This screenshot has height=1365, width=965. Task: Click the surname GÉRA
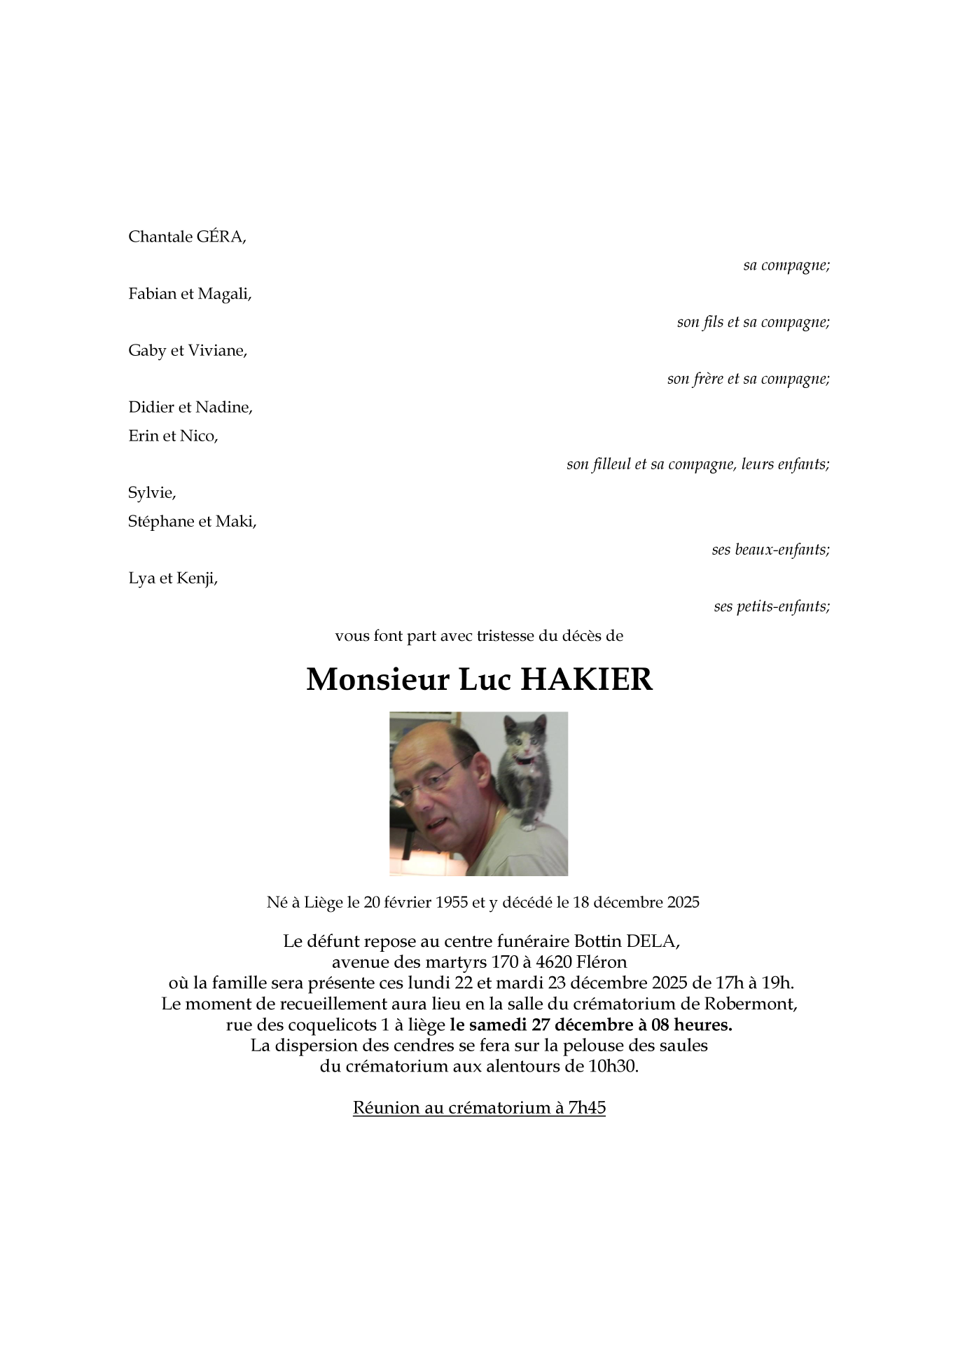click(220, 237)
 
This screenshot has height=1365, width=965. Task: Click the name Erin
click(144, 436)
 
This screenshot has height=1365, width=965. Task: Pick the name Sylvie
click(151, 493)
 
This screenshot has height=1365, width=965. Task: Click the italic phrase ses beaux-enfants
click(770, 550)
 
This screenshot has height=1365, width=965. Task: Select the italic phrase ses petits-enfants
click(772, 607)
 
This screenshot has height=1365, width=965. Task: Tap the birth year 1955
click(451, 902)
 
